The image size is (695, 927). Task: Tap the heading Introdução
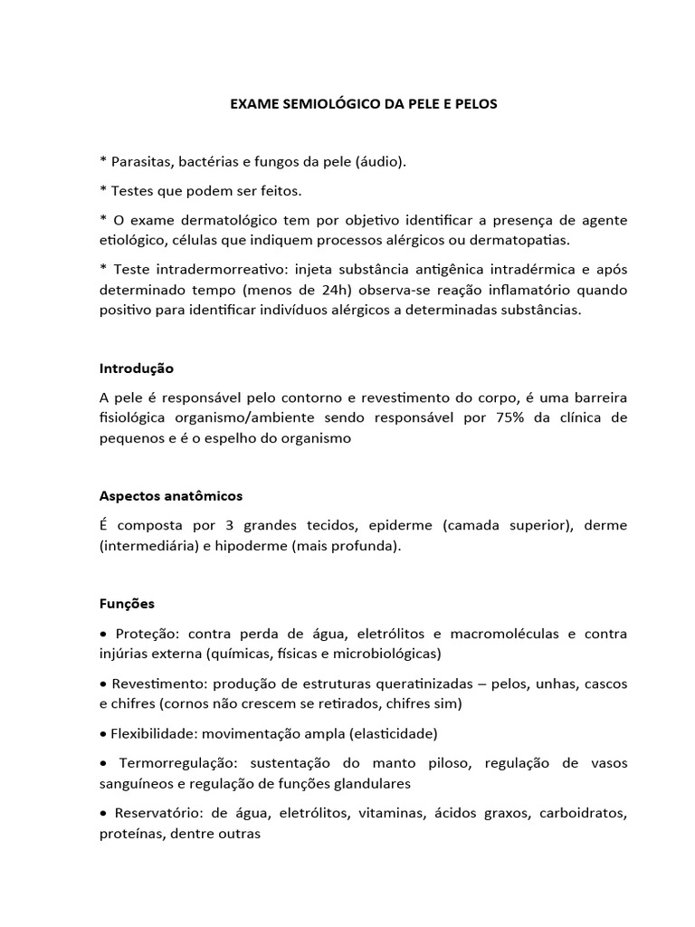click(x=136, y=368)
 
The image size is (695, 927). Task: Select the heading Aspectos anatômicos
click(x=171, y=496)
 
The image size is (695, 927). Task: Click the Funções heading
click(x=127, y=603)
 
